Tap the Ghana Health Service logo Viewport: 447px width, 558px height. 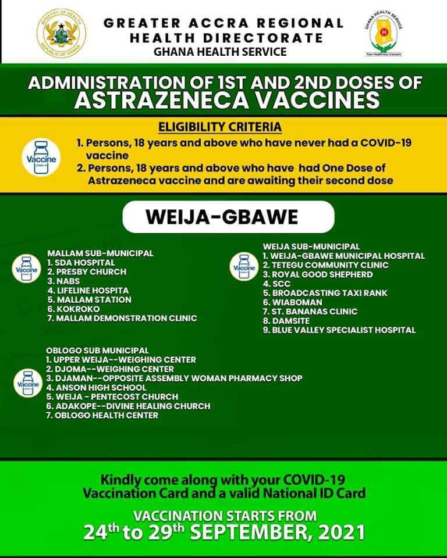(x=384, y=33)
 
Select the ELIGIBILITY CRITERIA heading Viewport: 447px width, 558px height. (x=220, y=127)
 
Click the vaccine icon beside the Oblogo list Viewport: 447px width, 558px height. (x=28, y=383)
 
